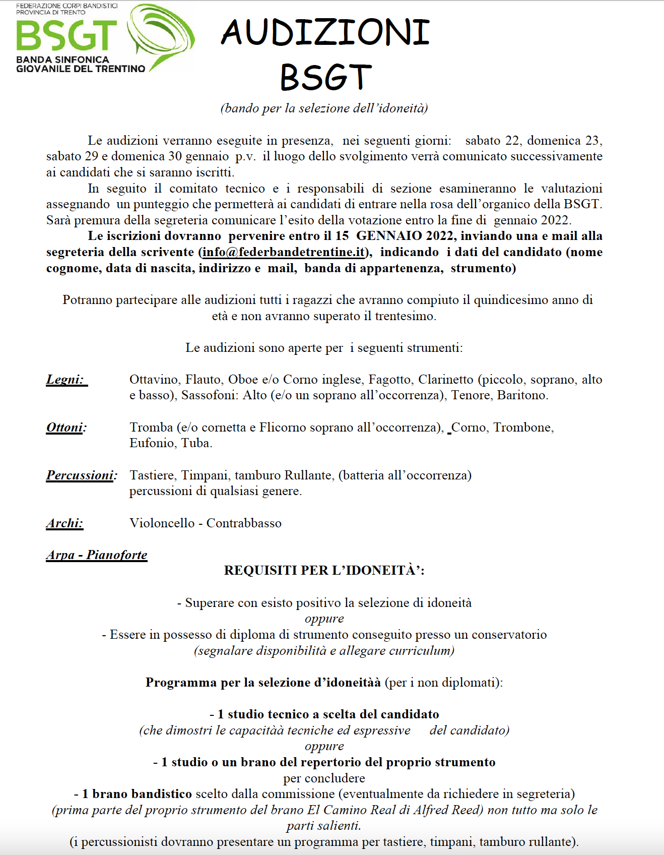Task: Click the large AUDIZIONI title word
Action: click(x=325, y=32)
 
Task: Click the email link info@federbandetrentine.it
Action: click(x=283, y=252)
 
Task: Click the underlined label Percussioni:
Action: click(x=81, y=475)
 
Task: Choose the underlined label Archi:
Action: click(x=64, y=523)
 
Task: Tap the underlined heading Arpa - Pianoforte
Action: click(x=97, y=555)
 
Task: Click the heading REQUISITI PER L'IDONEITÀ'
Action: click(x=324, y=571)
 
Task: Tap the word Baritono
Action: click(x=522, y=395)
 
